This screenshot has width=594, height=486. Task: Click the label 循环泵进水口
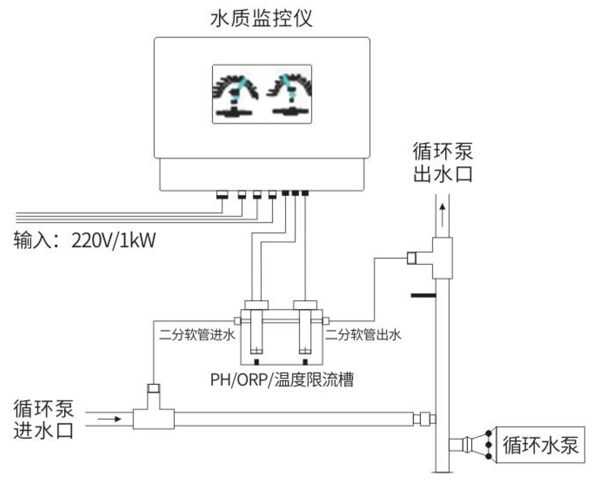(x=44, y=419)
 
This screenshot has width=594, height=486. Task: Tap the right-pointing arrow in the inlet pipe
(x=110, y=418)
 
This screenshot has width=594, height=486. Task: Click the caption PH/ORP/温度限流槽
(x=282, y=380)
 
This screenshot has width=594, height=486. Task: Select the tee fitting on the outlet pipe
(x=441, y=258)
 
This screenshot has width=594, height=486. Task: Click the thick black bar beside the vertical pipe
(x=423, y=295)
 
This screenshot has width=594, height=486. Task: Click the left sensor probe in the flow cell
(x=256, y=331)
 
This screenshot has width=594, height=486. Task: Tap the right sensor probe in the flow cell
(x=305, y=331)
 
